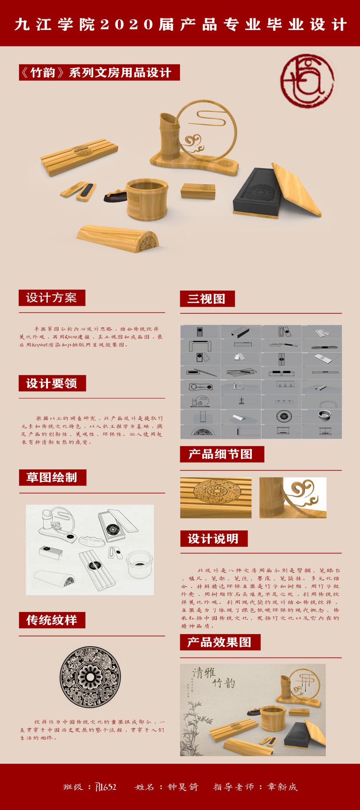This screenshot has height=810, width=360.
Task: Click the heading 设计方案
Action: [x=51, y=298]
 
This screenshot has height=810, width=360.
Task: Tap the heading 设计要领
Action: [x=51, y=384]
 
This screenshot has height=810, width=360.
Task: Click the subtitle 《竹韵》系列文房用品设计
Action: [x=100, y=72]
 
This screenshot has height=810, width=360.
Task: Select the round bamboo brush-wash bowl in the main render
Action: [x=144, y=198]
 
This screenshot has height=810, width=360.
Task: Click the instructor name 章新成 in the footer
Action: [x=281, y=787]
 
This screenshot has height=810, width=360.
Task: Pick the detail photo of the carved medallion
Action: [x=216, y=497]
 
